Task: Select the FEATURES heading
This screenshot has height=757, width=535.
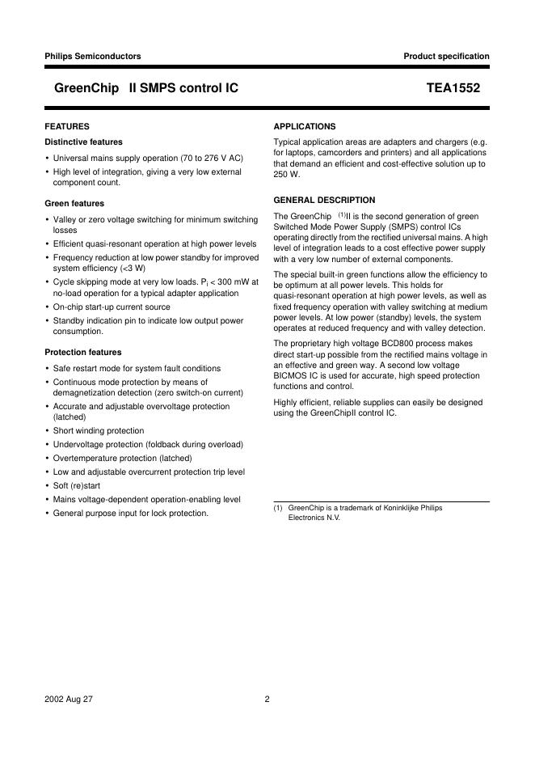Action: pos(67,126)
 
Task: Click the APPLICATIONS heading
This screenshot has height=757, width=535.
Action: pos(305,127)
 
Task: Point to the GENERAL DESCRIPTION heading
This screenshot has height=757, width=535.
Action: pos(324,200)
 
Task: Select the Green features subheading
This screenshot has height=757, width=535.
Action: pos(74,204)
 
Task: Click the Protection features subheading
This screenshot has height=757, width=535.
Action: pos(83,353)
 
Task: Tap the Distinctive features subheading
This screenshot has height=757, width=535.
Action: pos(84,142)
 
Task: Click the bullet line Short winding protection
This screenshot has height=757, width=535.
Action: pos(99,431)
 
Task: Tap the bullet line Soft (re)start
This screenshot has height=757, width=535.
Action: pos(80,486)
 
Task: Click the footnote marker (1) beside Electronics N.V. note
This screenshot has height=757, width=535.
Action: pos(277,508)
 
